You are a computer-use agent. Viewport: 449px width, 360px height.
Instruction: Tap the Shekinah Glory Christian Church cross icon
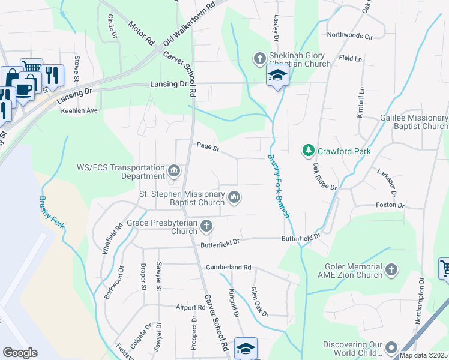pos(259,59)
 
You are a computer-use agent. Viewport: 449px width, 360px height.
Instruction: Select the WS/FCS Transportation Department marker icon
pos(174,171)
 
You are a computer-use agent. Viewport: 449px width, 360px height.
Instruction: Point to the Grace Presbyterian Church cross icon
pos(206,226)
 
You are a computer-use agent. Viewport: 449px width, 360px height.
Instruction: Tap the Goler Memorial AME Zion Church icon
pos(391,269)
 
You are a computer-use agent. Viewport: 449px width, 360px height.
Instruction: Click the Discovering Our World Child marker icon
pos(391,347)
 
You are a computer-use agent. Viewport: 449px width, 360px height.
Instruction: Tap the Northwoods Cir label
pos(350,36)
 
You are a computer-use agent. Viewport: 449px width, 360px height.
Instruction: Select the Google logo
pos(20,353)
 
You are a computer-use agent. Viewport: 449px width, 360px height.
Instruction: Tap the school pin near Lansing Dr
pos(277,76)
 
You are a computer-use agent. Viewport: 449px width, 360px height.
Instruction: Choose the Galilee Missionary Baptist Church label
pos(414,122)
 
